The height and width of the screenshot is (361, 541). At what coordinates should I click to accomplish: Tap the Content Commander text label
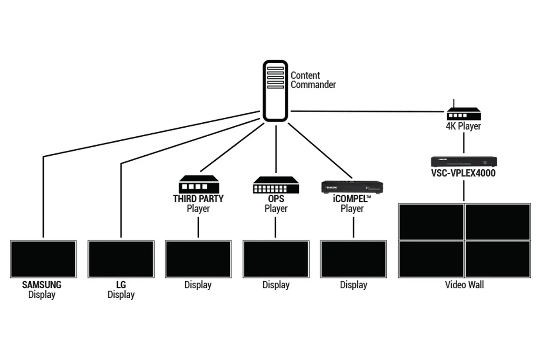click(313, 80)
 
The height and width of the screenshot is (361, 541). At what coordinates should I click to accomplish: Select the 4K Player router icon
click(463, 114)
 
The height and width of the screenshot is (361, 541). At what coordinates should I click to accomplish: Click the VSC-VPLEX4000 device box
click(463, 162)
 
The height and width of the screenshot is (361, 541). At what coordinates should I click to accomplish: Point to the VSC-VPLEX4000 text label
click(463, 173)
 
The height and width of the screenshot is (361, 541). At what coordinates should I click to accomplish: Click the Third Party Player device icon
click(198, 185)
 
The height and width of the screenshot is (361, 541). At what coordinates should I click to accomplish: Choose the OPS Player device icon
click(276, 185)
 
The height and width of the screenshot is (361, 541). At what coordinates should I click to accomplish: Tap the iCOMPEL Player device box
click(352, 186)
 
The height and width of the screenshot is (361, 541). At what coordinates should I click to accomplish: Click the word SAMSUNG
click(42, 285)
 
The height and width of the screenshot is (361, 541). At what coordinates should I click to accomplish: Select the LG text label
click(121, 285)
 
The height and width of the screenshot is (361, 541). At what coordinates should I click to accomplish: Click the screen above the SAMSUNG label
click(43, 259)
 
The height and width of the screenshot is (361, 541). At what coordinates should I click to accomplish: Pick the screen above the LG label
click(121, 259)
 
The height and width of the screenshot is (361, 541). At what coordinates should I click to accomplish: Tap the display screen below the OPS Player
click(276, 259)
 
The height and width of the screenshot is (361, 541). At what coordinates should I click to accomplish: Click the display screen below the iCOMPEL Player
click(353, 259)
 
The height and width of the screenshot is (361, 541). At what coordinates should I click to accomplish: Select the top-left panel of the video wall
click(431, 222)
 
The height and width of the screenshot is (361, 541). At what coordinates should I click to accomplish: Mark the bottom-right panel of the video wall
click(497, 259)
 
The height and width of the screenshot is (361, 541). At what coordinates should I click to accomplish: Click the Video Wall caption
click(464, 285)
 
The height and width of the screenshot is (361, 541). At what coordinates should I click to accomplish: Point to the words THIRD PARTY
click(198, 199)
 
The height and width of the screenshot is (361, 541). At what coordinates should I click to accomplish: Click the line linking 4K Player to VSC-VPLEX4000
click(463, 143)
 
